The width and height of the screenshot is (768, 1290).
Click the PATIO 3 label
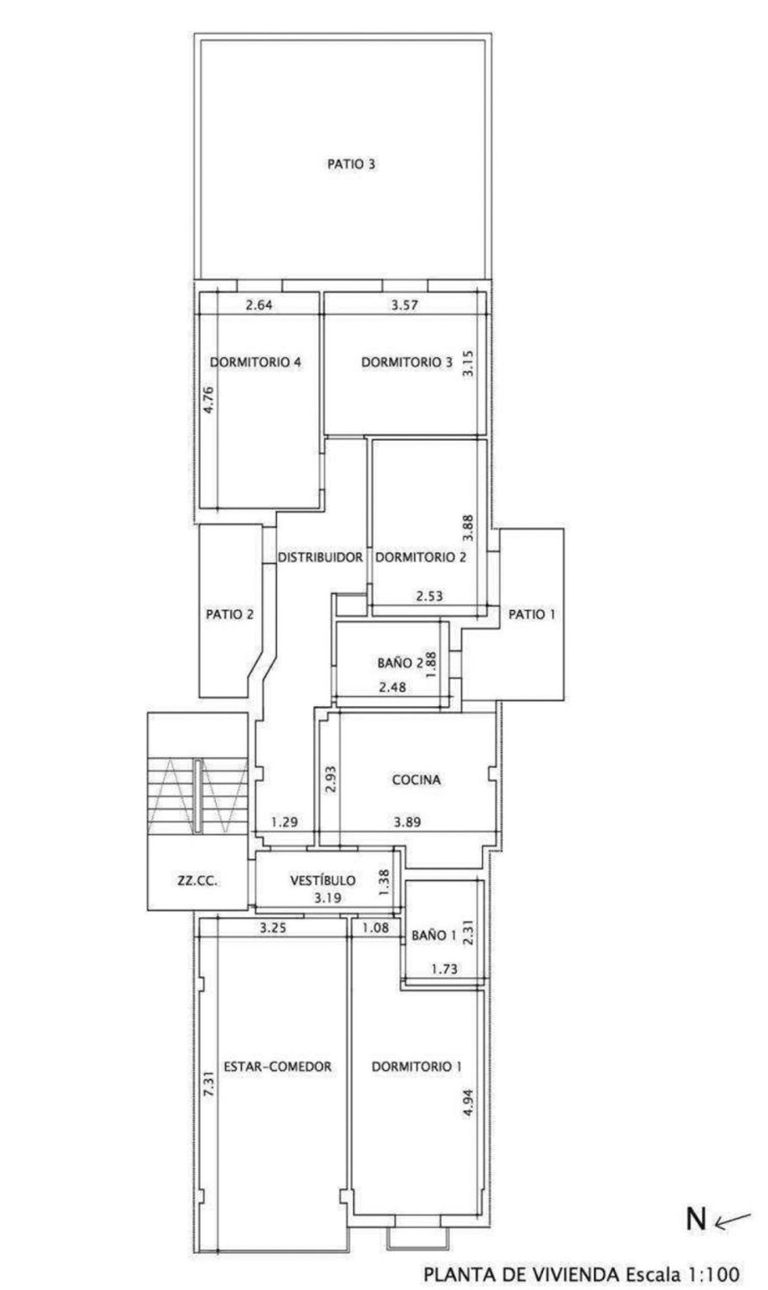click(x=351, y=164)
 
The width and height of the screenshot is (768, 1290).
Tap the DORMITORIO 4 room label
click(x=255, y=362)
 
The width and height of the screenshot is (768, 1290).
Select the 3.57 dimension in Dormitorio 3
click(x=404, y=305)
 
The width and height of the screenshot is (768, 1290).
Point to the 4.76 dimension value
click(x=208, y=400)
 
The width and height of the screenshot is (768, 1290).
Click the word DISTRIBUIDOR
click(x=321, y=557)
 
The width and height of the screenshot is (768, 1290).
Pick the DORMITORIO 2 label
click(x=420, y=557)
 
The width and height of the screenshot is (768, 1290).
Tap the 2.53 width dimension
click(x=430, y=596)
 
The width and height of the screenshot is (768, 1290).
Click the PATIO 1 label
click(x=532, y=614)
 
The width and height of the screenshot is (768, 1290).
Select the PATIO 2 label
click(x=230, y=614)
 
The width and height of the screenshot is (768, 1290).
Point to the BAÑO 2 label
click(x=400, y=663)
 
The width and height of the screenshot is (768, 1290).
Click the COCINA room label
click(x=416, y=780)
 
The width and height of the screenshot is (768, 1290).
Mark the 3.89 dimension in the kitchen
click(x=407, y=822)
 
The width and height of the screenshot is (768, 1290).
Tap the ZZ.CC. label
click(x=197, y=880)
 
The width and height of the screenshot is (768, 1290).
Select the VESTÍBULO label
click(x=323, y=880)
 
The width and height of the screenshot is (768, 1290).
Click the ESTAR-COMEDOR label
click(x=278, y=1066)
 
